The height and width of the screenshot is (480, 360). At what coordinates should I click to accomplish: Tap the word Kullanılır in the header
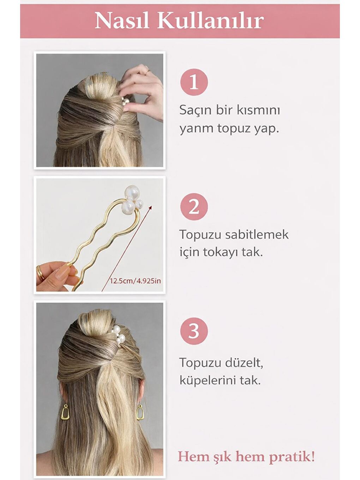[210, 21]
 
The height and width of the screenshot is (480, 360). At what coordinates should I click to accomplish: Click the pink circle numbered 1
[194, 82]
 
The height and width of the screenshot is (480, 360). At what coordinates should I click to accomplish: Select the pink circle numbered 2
[194, 207]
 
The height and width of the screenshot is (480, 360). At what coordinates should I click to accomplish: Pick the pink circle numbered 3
[194, 331]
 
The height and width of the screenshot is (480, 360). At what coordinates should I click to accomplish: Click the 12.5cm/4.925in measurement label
[135, 281]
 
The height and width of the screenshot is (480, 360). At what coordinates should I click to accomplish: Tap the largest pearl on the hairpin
[132, 193]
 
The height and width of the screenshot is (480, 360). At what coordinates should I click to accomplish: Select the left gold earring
[65, 412]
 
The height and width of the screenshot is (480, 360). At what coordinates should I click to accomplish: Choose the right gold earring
[140, 412]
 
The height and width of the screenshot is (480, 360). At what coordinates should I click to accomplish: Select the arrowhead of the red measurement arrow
[151, 208]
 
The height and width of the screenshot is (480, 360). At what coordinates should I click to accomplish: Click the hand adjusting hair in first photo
[143, 88]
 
